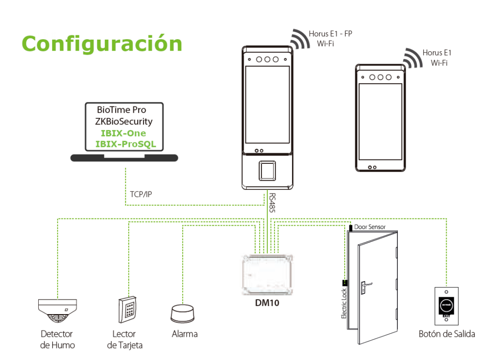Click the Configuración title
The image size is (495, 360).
click(102, 43)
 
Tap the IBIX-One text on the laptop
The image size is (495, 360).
click(123, 133)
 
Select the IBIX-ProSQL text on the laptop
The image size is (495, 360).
click(126, 144)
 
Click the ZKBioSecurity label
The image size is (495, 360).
click(124, 122)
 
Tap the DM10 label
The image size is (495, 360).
click(267, 304)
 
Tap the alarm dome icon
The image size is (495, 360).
click(183, 314)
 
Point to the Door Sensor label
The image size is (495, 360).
click(370, 227)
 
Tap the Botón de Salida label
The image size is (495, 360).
click(447, 334)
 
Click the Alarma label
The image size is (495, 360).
click(185, 334)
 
